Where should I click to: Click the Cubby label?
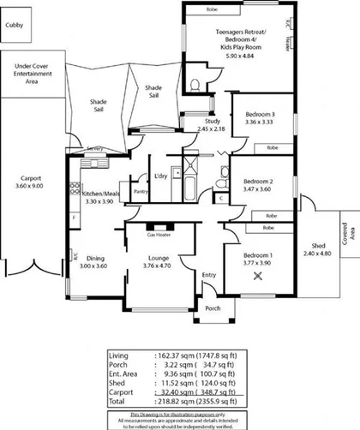(x=15, y=27)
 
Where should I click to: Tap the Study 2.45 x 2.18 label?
(x=211, y=124)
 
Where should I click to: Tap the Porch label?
(x=213, y=309)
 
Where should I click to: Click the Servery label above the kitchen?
(x=94, y=149)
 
